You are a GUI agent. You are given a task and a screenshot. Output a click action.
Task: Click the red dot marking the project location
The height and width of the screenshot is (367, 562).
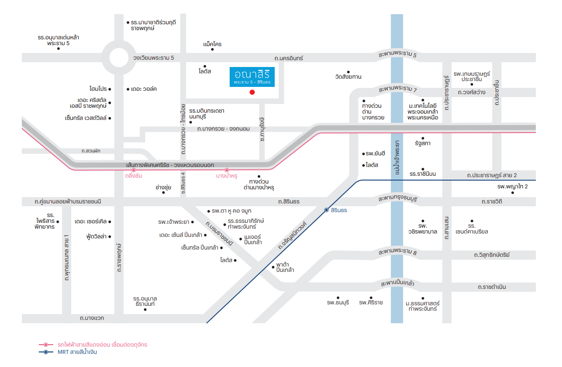coord(251,92)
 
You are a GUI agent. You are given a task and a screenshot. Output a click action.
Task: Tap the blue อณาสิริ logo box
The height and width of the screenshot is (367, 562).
coord(252,77)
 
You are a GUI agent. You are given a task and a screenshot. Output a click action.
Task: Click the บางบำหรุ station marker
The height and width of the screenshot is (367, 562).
coord(227,170)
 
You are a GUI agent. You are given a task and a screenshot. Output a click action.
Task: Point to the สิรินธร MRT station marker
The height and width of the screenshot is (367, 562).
coord(327,210)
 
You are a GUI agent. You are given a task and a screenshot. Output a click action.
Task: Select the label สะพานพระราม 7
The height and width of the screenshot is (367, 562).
coord(397,89)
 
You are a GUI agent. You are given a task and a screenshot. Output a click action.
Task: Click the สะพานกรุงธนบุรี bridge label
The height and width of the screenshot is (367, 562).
coord(397,199)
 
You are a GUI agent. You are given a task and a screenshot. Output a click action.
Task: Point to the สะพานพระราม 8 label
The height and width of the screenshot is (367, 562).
coord(397,252)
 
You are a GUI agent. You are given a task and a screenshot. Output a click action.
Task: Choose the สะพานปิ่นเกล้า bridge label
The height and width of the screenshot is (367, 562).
coord(397,283)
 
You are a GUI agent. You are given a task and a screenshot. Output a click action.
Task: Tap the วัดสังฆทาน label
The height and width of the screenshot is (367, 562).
coord(348,77)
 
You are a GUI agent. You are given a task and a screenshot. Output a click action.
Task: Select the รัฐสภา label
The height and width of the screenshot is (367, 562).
coord(422,144)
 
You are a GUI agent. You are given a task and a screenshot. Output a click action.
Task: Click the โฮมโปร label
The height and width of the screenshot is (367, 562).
coord(98,89)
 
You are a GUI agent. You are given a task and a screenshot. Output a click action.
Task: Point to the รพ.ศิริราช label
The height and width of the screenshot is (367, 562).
coord(371,302)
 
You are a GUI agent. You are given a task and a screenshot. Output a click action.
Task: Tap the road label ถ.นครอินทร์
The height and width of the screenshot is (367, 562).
coord(288,58)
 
